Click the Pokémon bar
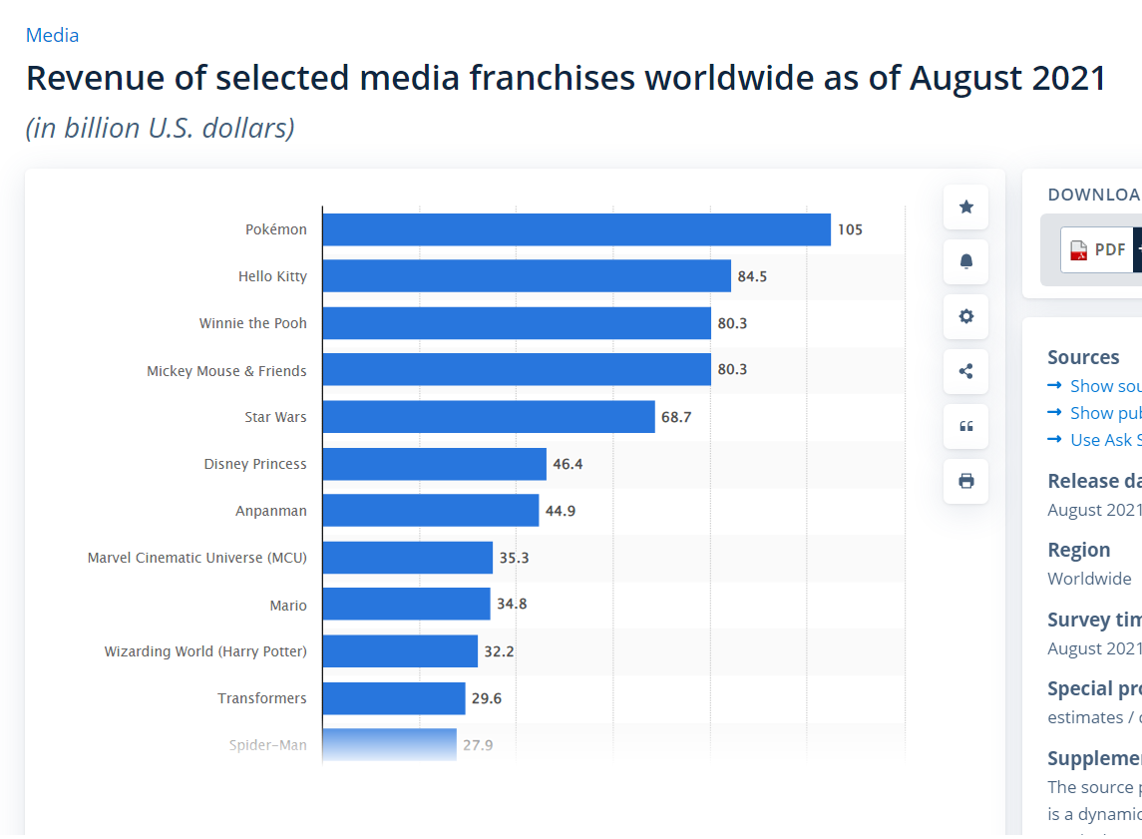576,229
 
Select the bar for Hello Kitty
527,276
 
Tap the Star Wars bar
489,417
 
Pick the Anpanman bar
431,511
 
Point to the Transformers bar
394,698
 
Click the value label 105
850,229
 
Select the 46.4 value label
568,464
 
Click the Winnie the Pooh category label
253,323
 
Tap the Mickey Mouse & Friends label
226,371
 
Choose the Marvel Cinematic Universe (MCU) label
197,558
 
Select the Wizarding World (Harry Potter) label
205,651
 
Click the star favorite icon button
965,208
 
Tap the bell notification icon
965,262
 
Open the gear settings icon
965,316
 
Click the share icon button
965,371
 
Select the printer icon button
965,481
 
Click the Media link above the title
52,35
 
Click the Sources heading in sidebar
1083,357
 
